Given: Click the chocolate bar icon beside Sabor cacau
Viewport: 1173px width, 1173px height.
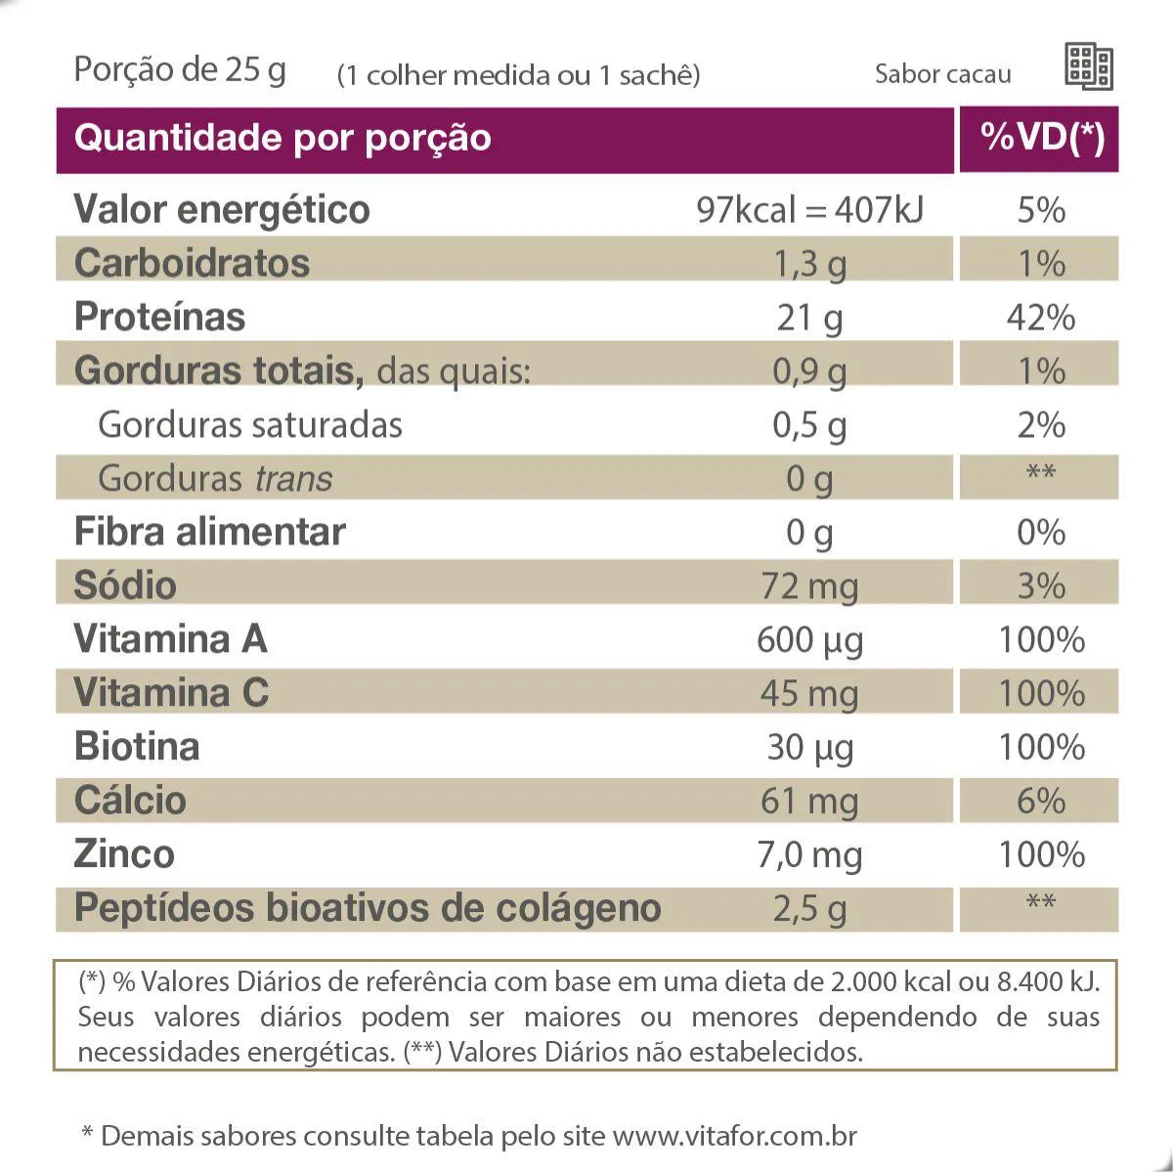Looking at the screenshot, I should [1088, 67].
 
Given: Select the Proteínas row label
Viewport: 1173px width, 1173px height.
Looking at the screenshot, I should [159, 317].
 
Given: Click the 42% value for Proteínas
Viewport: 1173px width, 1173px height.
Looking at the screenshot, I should [1040, 318].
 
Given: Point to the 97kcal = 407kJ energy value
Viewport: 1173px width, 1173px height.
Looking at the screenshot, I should [809, 210].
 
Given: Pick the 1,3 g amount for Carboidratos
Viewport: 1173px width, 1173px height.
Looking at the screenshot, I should [809, 264].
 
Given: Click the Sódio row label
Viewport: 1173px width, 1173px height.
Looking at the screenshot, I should [125, 586].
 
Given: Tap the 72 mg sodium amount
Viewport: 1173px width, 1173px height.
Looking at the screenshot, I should [809, 586].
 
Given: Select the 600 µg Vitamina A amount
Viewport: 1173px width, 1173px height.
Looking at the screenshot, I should [809, 640].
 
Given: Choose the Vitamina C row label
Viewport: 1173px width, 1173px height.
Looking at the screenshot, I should [171, 693].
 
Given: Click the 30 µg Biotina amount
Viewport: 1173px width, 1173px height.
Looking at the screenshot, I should [809, 748].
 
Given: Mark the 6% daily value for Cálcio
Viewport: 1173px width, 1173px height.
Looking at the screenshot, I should [1040, 802].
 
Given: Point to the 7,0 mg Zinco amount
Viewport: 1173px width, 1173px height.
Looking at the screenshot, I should [809, 855].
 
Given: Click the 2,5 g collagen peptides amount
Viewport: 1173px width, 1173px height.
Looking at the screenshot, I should [809, 909].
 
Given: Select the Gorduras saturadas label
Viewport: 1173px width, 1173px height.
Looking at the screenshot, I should [250, 425].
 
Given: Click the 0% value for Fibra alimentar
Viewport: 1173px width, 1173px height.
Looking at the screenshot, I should [1040, 533].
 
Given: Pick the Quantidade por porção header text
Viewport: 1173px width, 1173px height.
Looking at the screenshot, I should [282, 138].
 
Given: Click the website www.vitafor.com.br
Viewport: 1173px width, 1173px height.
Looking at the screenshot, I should [734, 1136].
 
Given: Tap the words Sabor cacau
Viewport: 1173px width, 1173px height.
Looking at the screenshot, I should [942, 74].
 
